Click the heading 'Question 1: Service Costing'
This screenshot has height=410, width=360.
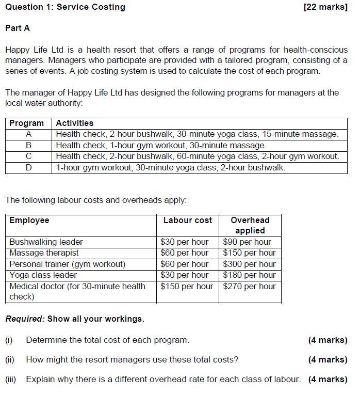pyautogui.click(x=65, y=7)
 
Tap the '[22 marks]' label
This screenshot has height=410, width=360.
pyautogui.click(x=325, y=7)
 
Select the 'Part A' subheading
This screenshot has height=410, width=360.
pyautogui.click(x=18, y=28)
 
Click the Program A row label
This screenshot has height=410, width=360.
pyautogui.click(x=29, y=134)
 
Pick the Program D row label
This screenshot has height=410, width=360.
pyautogui.click(x=29, y=167)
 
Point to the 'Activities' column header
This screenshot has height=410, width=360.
pyautogui.click(x=75, y=123)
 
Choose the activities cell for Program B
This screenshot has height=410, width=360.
pyautogui.click(x=161, y=145)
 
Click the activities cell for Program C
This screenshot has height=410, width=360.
pyautogui.click(x=198, y=156)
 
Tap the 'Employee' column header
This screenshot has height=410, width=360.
pyautogui.click(x=29, y=220)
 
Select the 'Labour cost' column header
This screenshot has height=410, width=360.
pyautogui.click(x=187, y=220)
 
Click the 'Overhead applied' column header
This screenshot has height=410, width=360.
pyautogui.click(x=250, y=225)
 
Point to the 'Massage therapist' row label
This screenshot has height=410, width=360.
pyautogui.click(x=44, y=253)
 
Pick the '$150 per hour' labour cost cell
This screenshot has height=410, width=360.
pyautogui.click(x=187, y=286)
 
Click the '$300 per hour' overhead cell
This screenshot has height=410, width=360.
pyautogui.click(x=249, y=264)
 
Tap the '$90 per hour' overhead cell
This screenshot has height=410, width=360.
pyautogui.click(x=247, y=242)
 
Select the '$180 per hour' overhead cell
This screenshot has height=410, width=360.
pyautogui.click(x=249, y=275)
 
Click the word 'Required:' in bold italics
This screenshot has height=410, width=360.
pyautogui.click(x=25, y=319)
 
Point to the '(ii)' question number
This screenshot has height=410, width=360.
pyautogui.click(x=10, y=360)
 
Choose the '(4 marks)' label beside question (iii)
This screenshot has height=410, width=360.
pyautogui.click(x=328, y=380)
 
